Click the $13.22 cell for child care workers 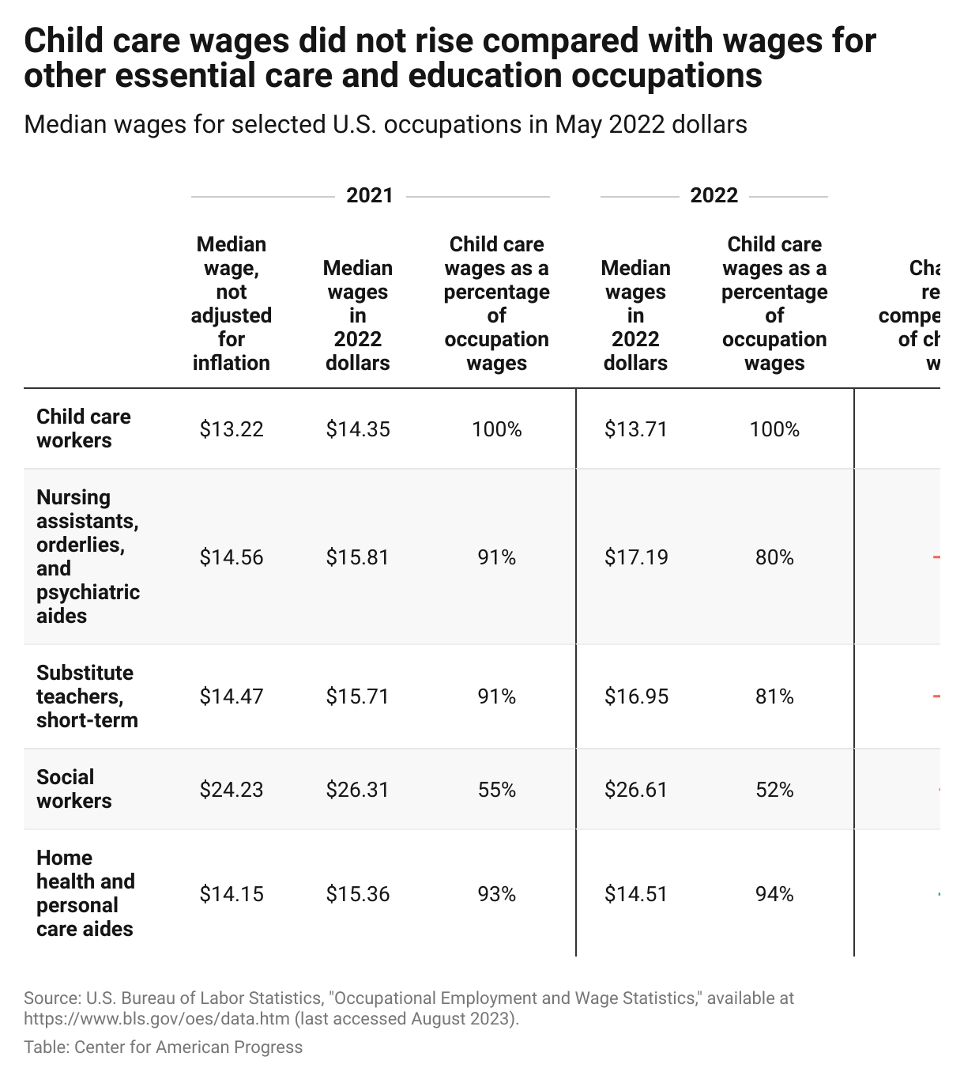click(231, 429)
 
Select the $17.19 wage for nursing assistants click(636, 557)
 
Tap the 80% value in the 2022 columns click(774, 557)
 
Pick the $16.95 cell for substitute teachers click(636, 696)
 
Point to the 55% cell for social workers click(496, 790)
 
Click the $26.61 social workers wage click(636, 790)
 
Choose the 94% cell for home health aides click(774, 894)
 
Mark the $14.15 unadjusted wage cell click(231, 894)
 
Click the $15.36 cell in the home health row click(358, 894)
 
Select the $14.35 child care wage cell click(358, 429)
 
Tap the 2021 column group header click(370, 195)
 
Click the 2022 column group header click(714, 195)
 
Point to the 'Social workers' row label click(74, 789)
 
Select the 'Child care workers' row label click(83, 428)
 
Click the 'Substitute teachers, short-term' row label click(86, 696)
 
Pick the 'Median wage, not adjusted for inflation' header click(231, 304)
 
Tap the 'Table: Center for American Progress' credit click(163, 1047)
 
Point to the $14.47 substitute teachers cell click(231, 696)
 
